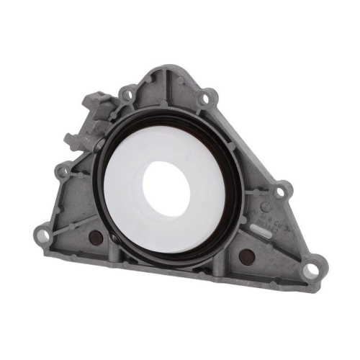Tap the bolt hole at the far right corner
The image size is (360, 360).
310,270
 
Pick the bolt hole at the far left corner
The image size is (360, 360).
43,235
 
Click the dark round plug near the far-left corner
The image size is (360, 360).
93,237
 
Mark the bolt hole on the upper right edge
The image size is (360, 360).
207,95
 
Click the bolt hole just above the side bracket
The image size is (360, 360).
127,93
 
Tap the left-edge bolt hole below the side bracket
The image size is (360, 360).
63,171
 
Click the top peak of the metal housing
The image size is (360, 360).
166,71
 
